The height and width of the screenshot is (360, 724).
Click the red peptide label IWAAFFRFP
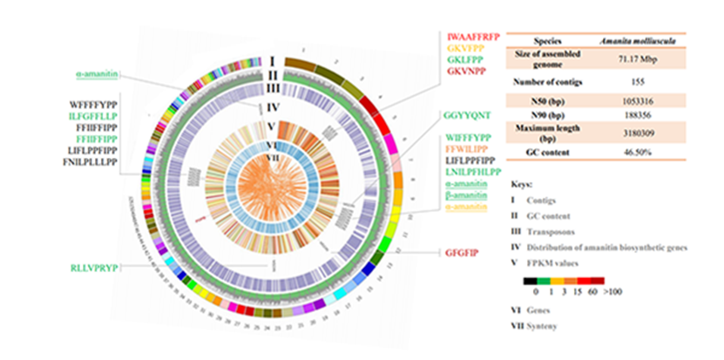tap(475, 37)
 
